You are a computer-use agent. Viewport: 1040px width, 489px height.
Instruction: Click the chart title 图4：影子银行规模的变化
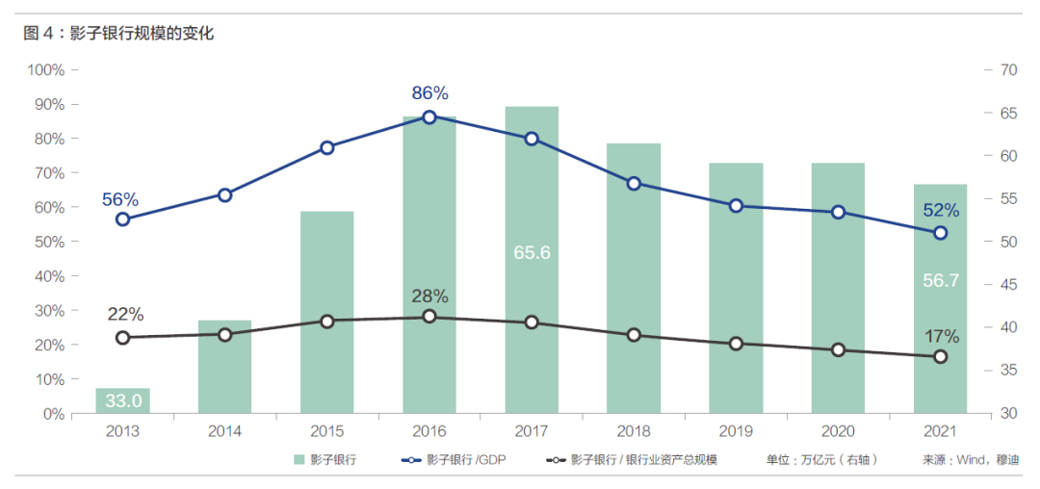click(119, 34)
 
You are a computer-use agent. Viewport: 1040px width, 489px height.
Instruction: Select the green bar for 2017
click(532, 260)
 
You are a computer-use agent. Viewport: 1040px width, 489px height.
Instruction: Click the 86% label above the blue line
click(429, 93)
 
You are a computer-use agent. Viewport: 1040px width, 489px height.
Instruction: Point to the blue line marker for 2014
click(225, 194)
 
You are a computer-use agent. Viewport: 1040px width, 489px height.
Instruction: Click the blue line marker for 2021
click(940, 233)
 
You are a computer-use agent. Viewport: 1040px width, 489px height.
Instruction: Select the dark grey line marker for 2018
click(634, 335)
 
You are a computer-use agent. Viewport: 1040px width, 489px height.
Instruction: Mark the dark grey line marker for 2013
click(122, 338)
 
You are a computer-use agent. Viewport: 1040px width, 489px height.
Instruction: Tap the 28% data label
click(429, 296)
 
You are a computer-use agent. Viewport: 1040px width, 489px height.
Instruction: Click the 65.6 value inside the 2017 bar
click(532, 252)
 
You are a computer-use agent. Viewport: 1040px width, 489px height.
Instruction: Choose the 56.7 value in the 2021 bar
click(940, 280)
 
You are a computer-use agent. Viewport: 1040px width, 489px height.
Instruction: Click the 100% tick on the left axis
click(46, 69)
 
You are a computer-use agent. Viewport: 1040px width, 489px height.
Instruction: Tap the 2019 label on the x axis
click(736, 431)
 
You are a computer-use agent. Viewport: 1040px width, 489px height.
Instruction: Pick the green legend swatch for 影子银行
click(299, 461)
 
